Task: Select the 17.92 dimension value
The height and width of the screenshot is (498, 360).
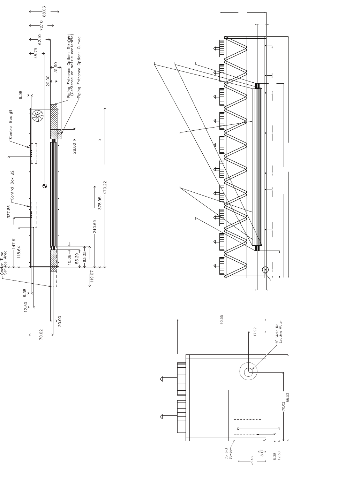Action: point(255,331)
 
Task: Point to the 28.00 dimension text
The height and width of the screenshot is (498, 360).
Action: point(74,148)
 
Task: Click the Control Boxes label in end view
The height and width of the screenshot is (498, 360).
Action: point(228,453)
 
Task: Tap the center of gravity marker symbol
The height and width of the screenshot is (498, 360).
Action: point(44,186)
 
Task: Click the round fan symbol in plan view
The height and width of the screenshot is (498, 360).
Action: point(37,116)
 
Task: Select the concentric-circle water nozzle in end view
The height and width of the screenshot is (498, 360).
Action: point(248,372)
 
